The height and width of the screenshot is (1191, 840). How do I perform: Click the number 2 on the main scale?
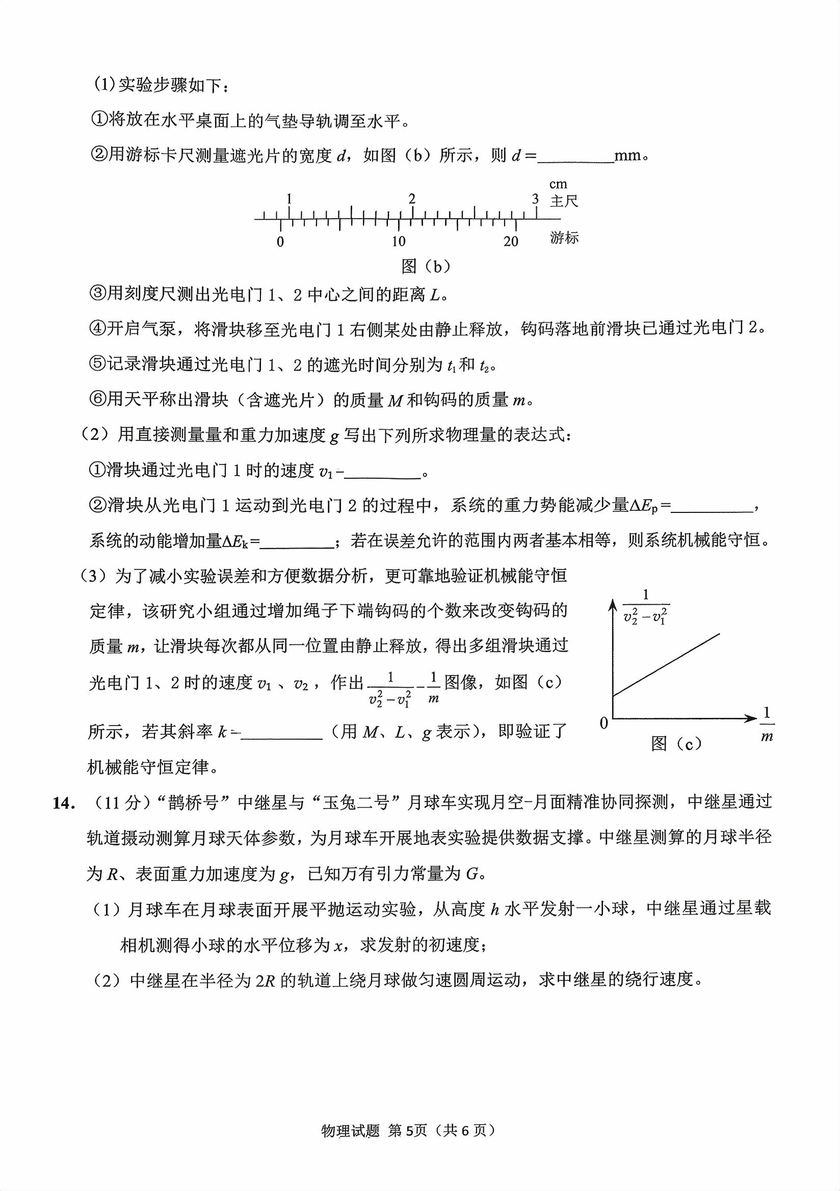412,199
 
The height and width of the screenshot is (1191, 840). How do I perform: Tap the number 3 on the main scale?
535,199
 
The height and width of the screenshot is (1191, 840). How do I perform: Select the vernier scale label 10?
398,241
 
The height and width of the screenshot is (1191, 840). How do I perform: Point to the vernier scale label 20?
511,241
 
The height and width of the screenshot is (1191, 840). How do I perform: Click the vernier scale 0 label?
280,242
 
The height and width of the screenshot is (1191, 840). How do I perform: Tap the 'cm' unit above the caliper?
559,184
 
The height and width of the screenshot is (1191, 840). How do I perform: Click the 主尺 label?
564,201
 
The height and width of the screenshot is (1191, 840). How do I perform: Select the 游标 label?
564,238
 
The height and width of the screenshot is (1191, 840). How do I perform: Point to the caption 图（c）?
676,744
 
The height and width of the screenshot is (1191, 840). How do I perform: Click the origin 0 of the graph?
603,723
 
